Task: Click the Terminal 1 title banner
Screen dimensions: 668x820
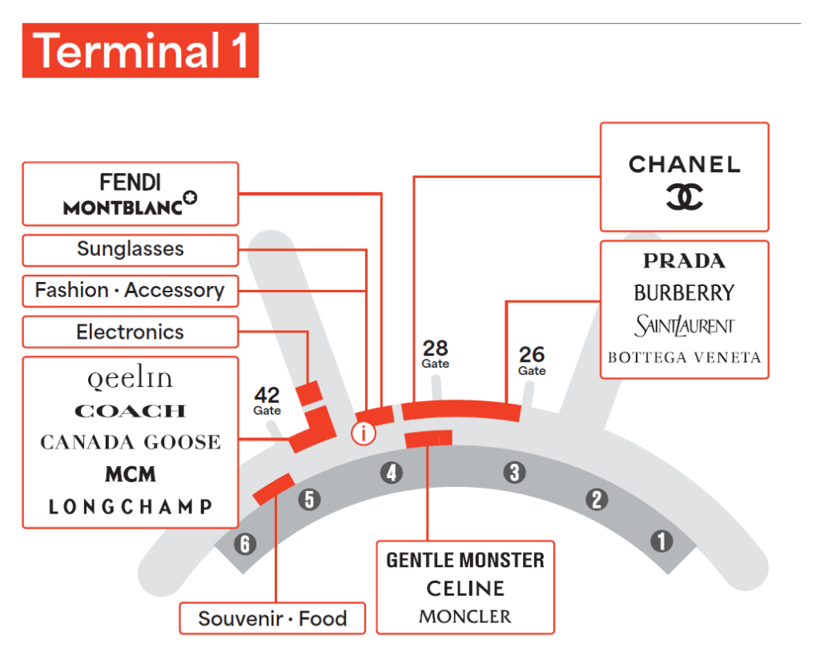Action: pyautogui.click(x=140, y=51)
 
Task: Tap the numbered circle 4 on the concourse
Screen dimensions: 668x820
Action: pyautogui.click(x=391, y=473)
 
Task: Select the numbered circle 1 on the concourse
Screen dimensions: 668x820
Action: pyautogui.click(x=661, y=541)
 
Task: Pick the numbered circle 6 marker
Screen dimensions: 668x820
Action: pyautogui.click(x=245, y=545)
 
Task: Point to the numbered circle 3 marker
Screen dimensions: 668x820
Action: pyautogui.click(x=514, y=473)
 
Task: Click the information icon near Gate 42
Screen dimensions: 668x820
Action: pyautogui.click(x=364, y=433)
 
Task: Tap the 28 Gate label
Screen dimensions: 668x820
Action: pyautogui.click(x=436, y=353)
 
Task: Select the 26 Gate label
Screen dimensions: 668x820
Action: pyautogui.click(x=532, y=359)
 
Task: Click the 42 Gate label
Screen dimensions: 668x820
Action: pyautogui.click(x=267, y=400)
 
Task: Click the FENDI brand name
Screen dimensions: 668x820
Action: pyautogui.click(x=131, y=182)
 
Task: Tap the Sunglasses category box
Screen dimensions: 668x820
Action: pyautogui.click(x=131, y=249)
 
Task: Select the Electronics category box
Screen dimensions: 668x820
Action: pyautogui.click(x=131, y=332)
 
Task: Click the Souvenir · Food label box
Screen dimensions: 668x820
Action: pyautogui.click(x=272, y=618)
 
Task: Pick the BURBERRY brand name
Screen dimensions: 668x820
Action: pyautogui.click(x=684, y=293)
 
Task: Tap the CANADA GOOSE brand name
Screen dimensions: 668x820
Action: pyautogui.click(x=131, y=442)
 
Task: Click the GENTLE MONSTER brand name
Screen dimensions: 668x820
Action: pyautogui.click(x=465, y=560)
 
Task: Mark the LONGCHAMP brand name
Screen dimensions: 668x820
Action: pyautogui.click(x=131, y=506)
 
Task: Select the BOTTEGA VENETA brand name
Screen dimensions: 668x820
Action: pyautogui.click(x=684, y=357)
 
